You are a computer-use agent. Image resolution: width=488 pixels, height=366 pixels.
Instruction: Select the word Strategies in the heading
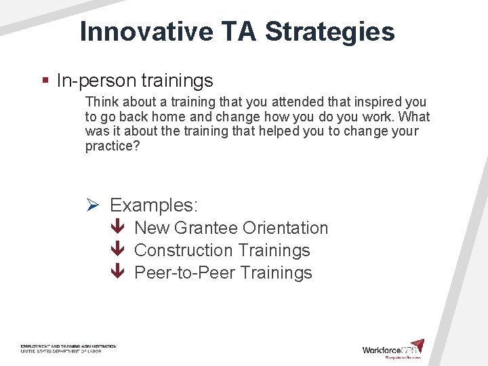pyautogui.click(x=330, y=32)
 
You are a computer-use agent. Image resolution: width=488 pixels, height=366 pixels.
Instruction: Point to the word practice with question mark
pyautogui.click(x=113, y=146)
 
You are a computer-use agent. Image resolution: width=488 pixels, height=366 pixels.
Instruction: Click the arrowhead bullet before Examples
pyautogui.click(x=94, y=205)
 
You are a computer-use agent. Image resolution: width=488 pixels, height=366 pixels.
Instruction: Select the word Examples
pyautogui.click(x=154, y=205)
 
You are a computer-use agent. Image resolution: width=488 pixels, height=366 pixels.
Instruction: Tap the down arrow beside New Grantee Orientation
pyautogui.click(x=118, y=228)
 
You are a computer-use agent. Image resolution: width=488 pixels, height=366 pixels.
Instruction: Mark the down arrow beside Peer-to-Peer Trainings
pyautogui.click(x=118, y=273)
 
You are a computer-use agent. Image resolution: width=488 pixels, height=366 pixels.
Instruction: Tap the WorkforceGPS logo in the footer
pyautogui.click(x=393, y=348)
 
